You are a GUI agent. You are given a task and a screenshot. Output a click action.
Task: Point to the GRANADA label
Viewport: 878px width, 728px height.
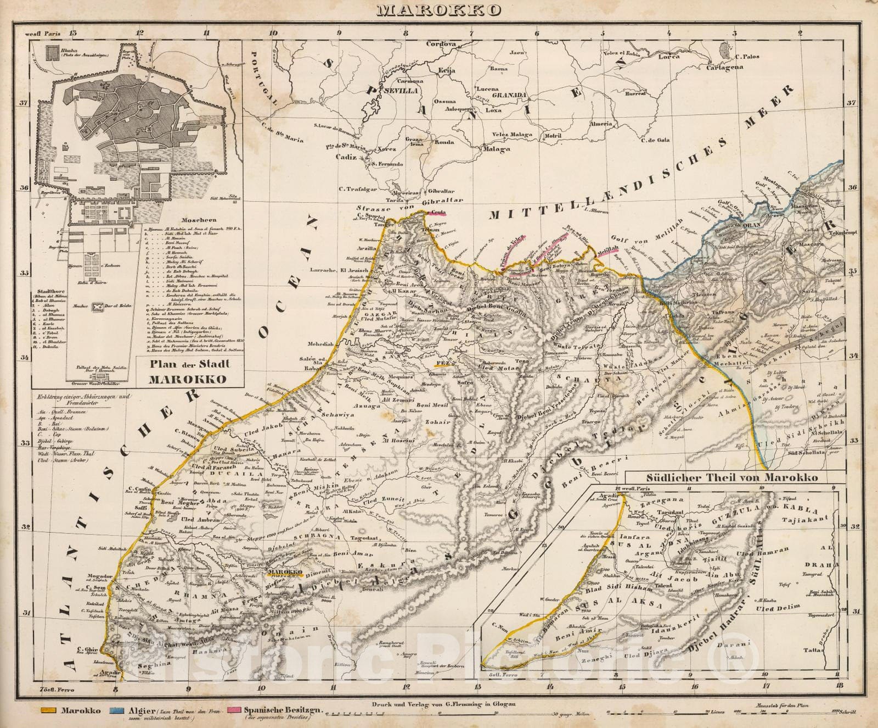(509, 95)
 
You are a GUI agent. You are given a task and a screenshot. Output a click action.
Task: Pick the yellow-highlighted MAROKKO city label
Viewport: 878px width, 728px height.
(284, 572)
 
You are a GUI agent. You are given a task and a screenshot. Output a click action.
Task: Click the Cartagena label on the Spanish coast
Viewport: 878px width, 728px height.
(724, 67)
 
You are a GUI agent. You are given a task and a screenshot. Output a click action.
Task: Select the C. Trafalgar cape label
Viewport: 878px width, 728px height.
(358, 190)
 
